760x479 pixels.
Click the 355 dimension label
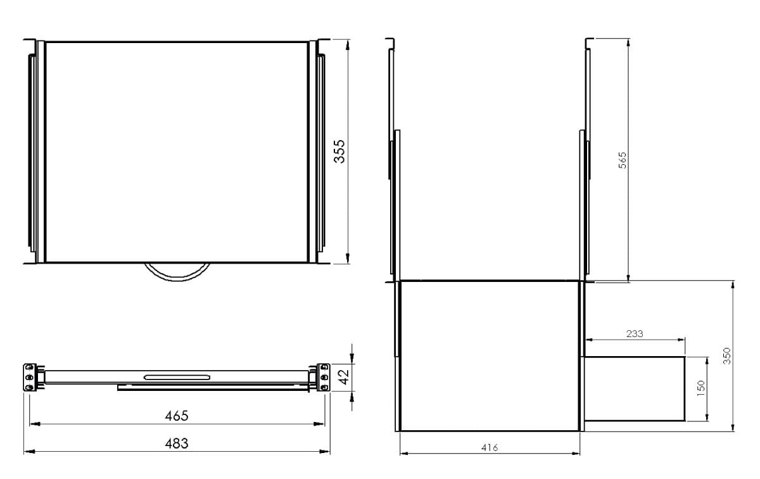(339, 151)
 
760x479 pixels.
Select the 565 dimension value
(623, 160)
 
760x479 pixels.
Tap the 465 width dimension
(177, 416)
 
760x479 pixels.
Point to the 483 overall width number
(177, 444)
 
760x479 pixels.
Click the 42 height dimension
(344, 377)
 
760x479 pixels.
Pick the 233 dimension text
(635, 334)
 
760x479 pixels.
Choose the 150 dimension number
(700, 388)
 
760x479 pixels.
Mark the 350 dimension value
(727, 356)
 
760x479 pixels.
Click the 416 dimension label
(490, 448)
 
